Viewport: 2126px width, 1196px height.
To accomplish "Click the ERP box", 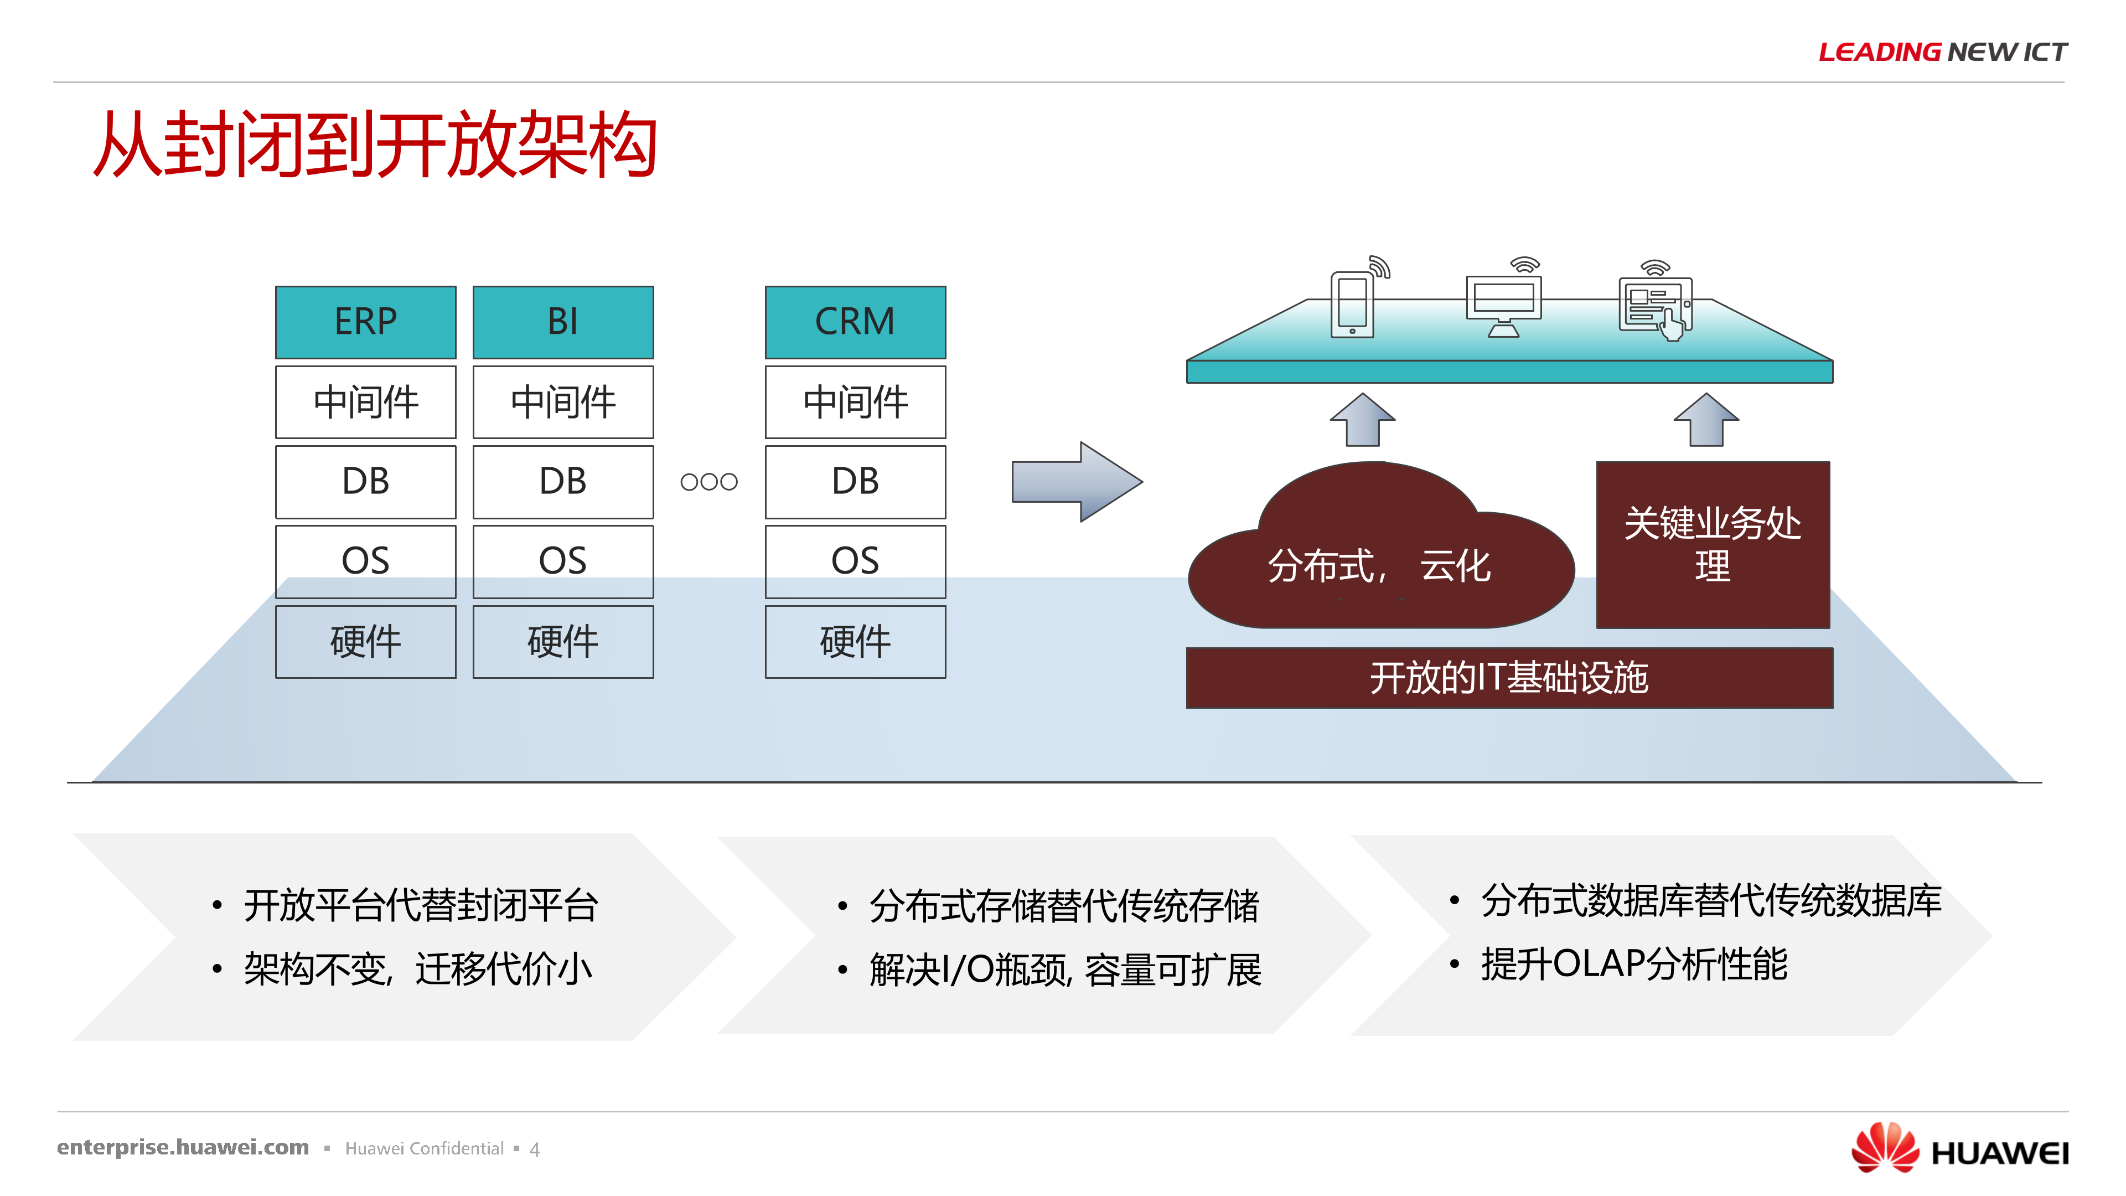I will click(366, 322).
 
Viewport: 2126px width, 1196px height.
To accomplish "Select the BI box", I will click(563, 322).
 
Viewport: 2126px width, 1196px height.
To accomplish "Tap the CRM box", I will click(855, 322).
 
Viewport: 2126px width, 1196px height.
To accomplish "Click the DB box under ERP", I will click(366, 481).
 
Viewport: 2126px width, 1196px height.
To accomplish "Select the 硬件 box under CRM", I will click(855, 641).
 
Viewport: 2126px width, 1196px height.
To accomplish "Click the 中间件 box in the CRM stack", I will click(855, 402).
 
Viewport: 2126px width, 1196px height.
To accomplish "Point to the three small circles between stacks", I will click(708, 481).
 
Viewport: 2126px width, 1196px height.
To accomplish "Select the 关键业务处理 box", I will click(1713, 545).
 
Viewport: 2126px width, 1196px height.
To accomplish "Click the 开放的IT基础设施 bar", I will click(1509, 678).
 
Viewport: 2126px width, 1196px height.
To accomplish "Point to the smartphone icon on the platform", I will click(1352, 304).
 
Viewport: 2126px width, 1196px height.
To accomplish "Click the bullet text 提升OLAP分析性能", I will click(1633, 964).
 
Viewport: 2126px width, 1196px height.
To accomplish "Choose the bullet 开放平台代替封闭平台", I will click(421, 905).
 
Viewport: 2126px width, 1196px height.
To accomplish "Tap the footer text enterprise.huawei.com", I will click(183, 1147).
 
